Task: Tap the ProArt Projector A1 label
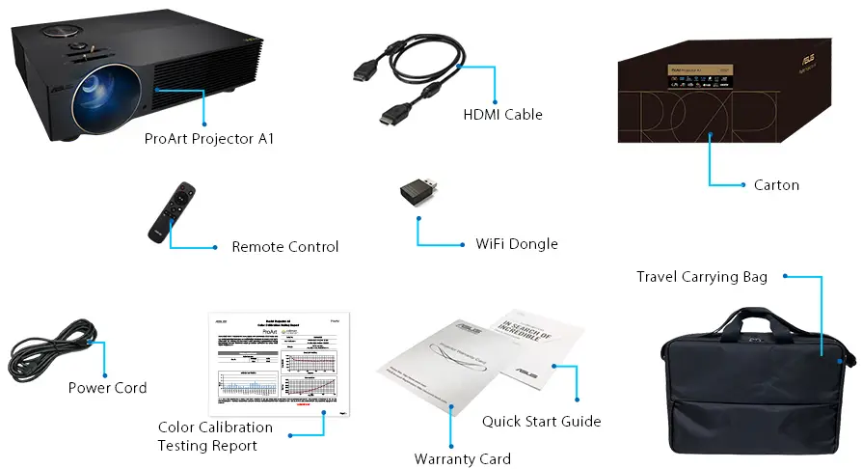coord(209,139)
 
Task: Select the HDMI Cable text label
coord(502,115)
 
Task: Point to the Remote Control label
coord(284,247)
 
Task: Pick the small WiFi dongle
coord(420,192)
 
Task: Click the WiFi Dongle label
coord(517,244)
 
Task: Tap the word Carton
coord(776,184)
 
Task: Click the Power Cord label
coord(107,388)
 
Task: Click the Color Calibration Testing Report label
coord(215,436)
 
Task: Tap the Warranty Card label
coord(462,458)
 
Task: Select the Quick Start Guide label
coord(541,422)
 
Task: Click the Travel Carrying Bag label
coord(701,278)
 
